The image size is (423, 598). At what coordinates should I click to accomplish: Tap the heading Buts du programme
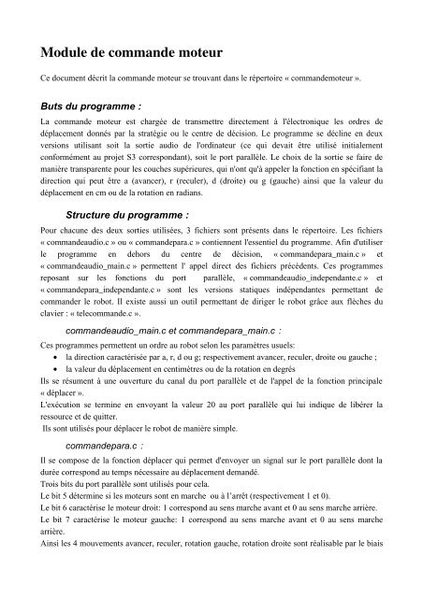point(82,105)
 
